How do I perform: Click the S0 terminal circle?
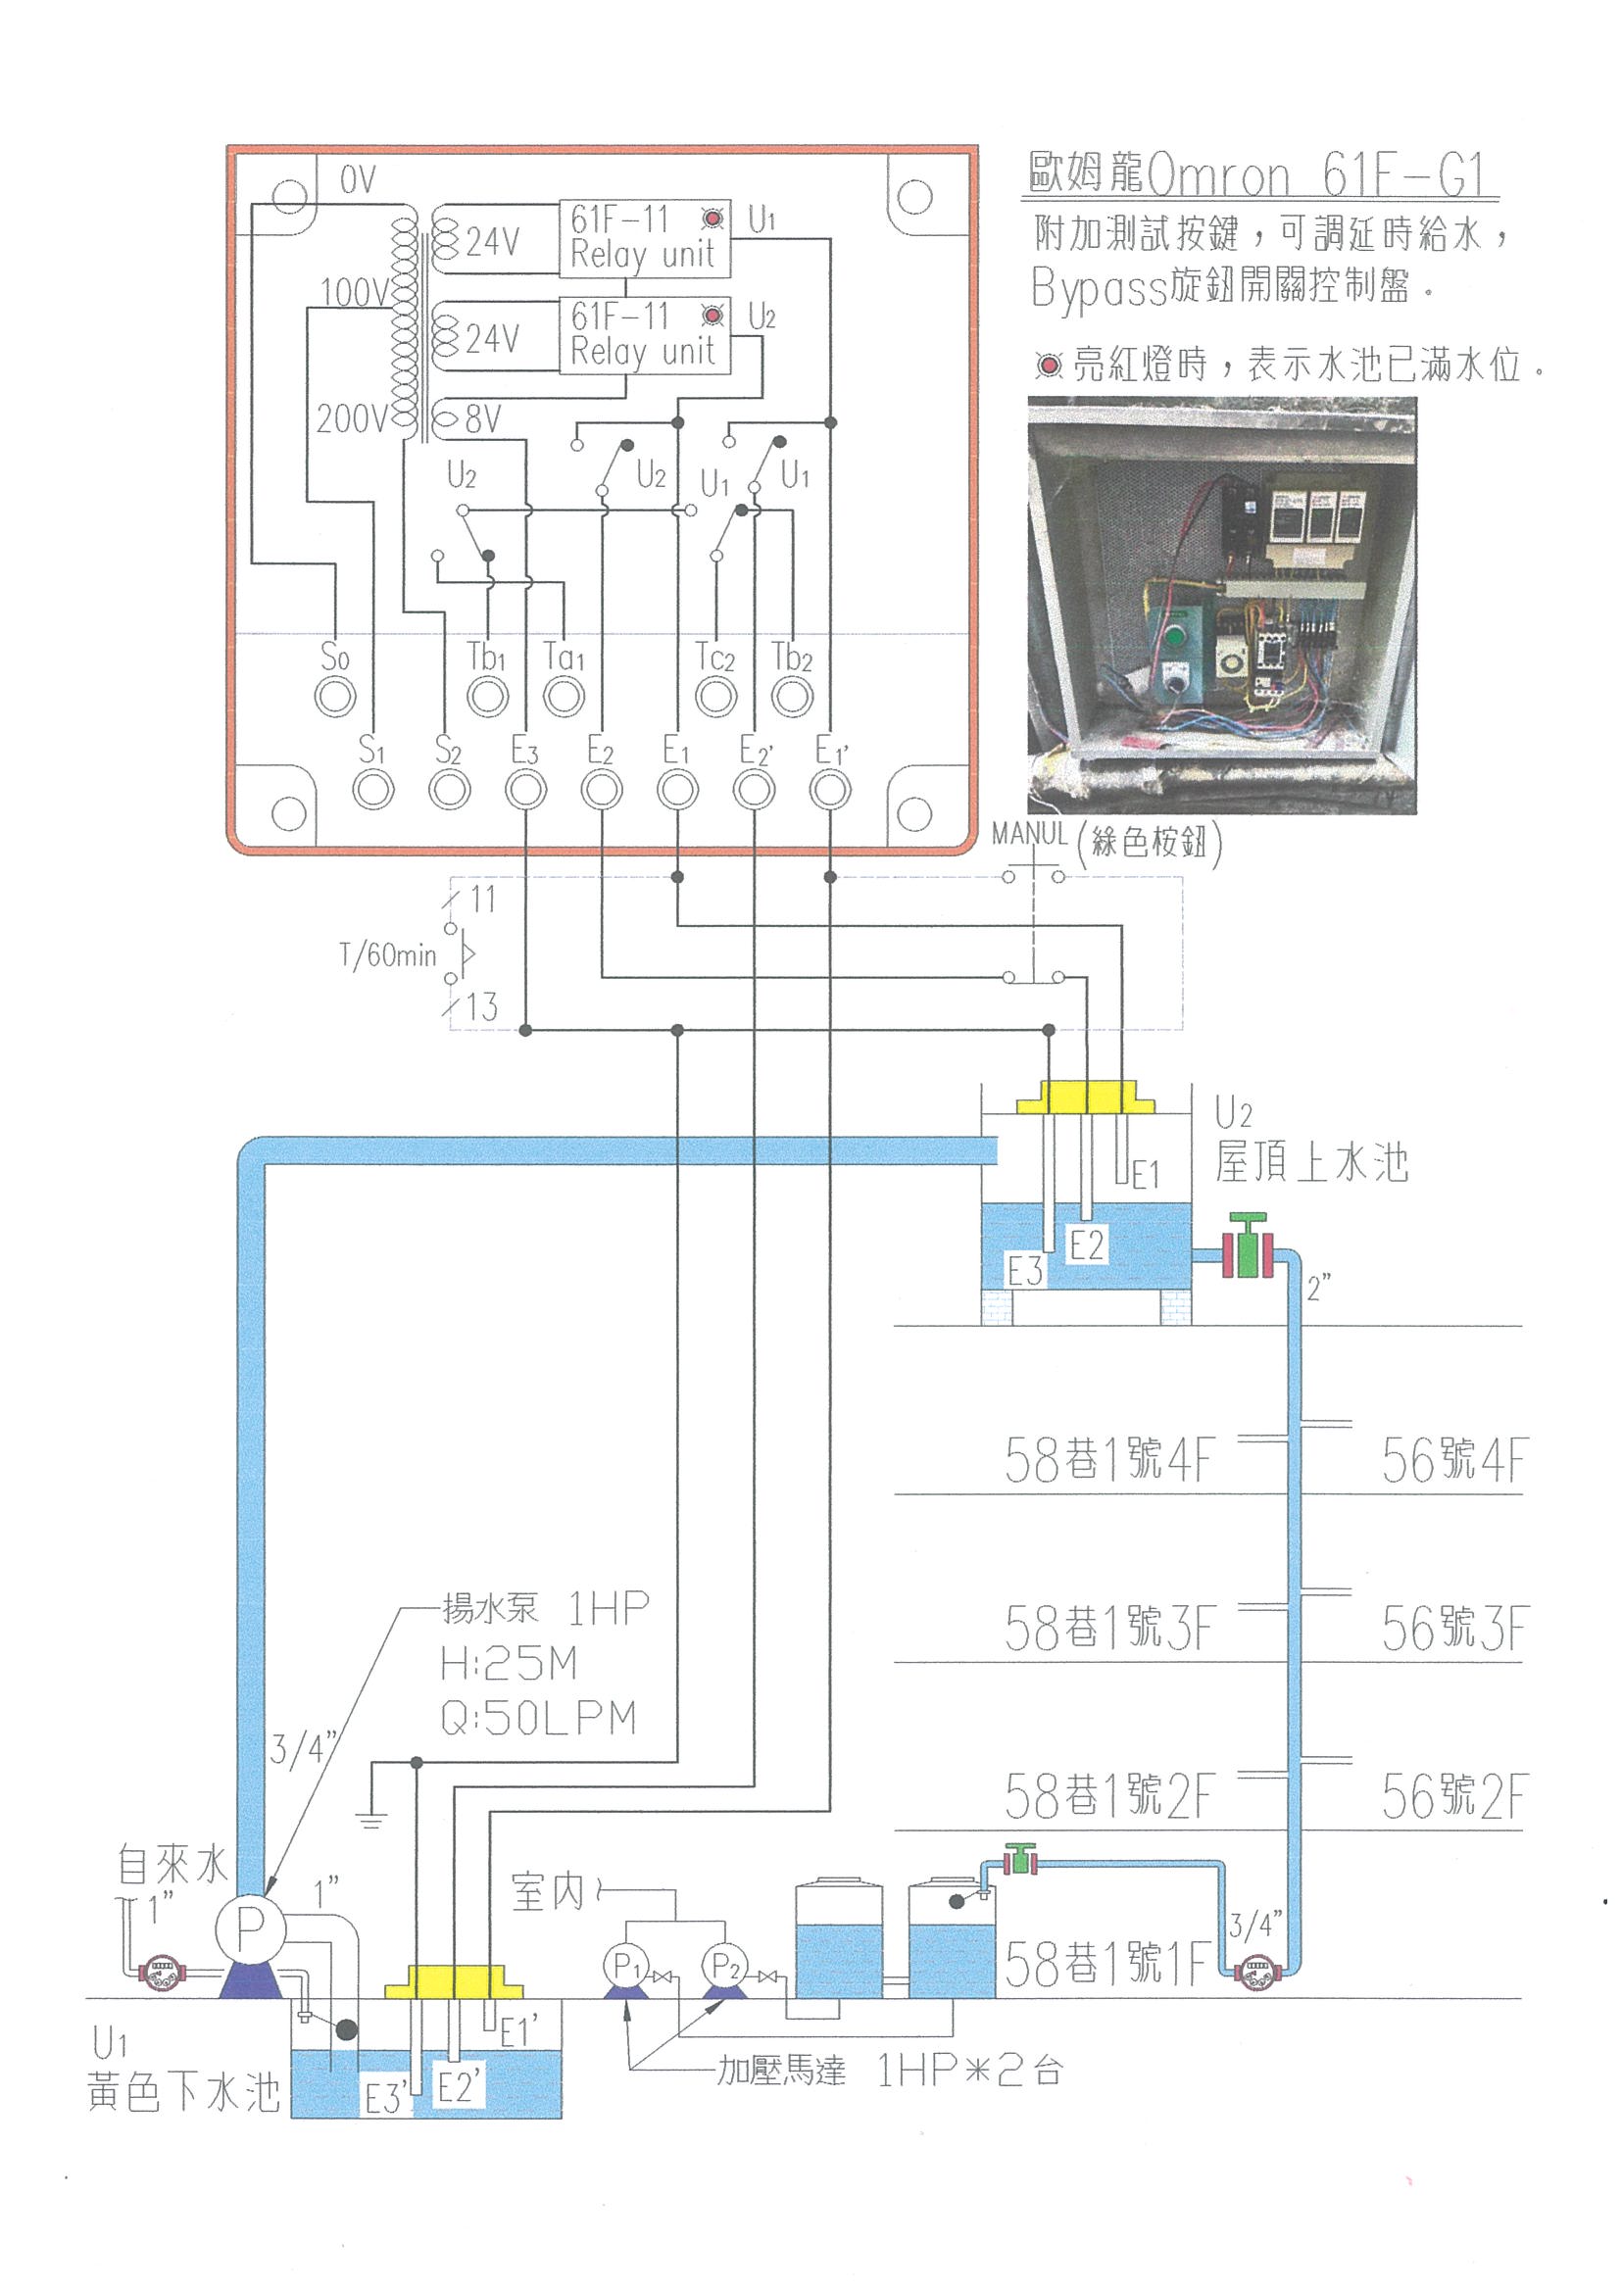point(334,696)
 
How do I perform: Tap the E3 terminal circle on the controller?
point(525,790)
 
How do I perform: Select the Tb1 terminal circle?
point(487,696)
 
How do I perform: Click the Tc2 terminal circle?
point(716,696)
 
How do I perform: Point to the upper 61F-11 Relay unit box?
point(644,238)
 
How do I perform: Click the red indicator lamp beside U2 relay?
point(713,317)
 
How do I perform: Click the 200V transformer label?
point(352,419)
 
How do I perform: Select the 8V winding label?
point(482,419)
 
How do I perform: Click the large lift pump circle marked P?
point(248,1929)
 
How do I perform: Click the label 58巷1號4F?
point(1108,1459)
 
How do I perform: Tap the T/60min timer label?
point(388,955)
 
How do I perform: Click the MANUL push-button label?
point(1030,833)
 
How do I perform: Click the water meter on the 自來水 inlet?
point(160,1973)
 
